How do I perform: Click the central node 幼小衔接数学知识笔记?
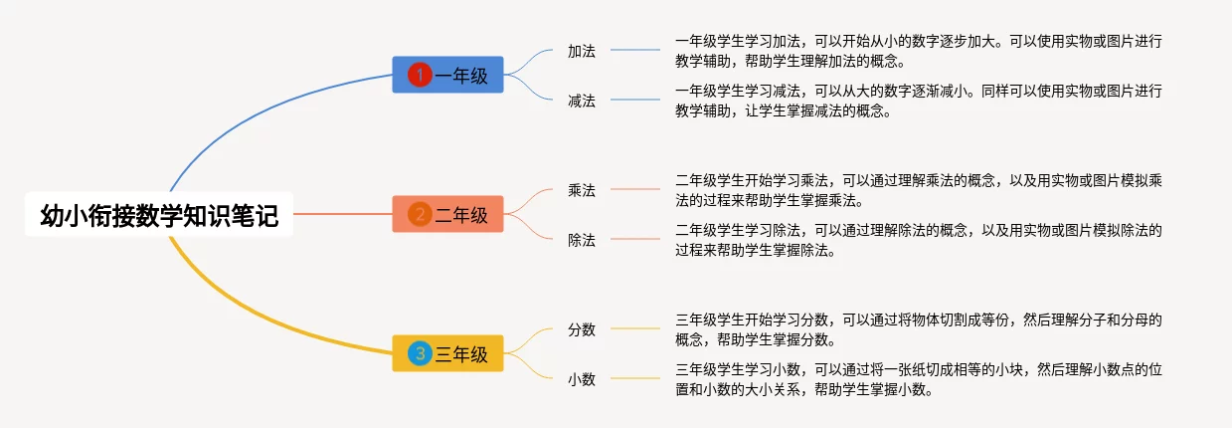pyautogui.click(x=159, y=214)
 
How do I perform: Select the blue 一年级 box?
pyautogui.click(x=447, y=75)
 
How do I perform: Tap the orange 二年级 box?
pyautogui.click(x=447, y=214)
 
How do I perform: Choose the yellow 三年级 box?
pyautogui.click(x=447, y=353)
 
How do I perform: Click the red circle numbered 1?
pyautogui.click(x=420, y=75)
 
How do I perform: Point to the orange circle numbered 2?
pyautogui.click(x=420, y=214)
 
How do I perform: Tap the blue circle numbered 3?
pyautogui.click(x=420, y=353)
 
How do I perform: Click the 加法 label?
pyautogui.click(x=582, y=51)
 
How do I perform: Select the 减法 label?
pyautogui.click(x=582, y=101)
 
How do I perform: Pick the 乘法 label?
pyautogui.click(x=582, y=190)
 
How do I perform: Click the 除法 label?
pyautogui.click(x=582, y=240)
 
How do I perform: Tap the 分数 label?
pyautogui.click(x=582, y=329)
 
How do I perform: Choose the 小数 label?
pyautogui.click(x=582, y=379)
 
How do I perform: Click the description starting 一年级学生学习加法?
pyautogui.click(x=919, y=51)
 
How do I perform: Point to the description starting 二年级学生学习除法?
pyautogui.click(x=919, y=240)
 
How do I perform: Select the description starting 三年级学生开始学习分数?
pyautogui.click(x=919, y=329)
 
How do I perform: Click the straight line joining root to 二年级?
pyautogui.click(x=343, y=214)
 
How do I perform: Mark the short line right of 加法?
pyautogui.click(x=635, y=50)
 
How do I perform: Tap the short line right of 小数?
pyautogui.click(x=635, y=378)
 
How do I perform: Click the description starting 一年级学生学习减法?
pyautogui.click(x=919, y=101)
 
